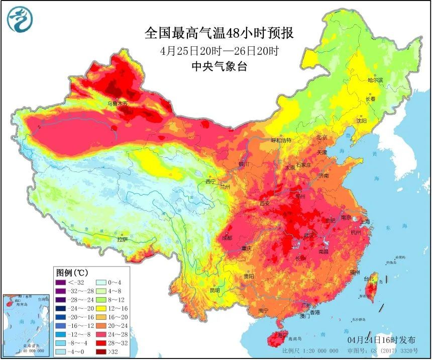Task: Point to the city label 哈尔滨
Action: (375, 80)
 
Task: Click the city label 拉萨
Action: (123, 240)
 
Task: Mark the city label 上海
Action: (364, 222)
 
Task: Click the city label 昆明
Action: (215, 290)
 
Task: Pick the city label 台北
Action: (369, 278)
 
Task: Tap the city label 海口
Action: (282, 334)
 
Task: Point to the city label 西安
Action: (265, 204)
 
